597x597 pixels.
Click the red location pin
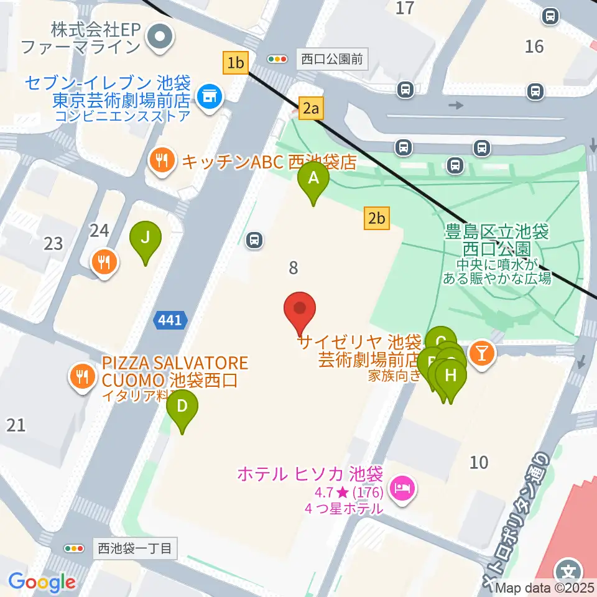point(300,309)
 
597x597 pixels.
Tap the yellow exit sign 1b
point(236,63)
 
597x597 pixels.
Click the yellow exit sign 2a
point(311,109)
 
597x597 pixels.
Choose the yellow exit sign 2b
point(377,218)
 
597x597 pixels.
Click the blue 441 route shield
point(169,320)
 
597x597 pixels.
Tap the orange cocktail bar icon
point(481,353)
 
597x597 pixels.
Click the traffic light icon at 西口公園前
point(277,60)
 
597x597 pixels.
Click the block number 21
point(16,425)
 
